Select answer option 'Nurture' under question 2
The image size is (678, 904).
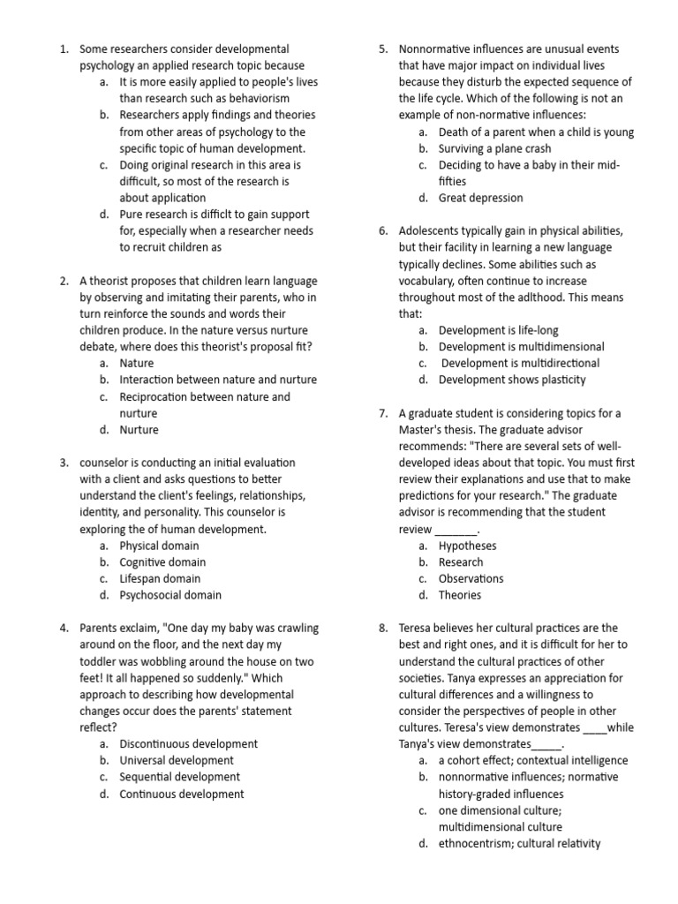point(139,430)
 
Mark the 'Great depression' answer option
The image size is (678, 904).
point(480,198)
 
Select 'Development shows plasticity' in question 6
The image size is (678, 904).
point(511,380)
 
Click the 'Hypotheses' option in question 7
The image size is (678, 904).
point(467,546)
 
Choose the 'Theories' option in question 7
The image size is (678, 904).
point(460,595)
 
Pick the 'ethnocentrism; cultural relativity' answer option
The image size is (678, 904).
point(519,843)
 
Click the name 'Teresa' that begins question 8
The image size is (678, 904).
point(417,629)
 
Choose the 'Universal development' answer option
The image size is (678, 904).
point(177,760)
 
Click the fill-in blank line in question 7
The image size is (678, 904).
point(456,530)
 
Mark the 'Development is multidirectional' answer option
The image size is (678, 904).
point(519,363)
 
